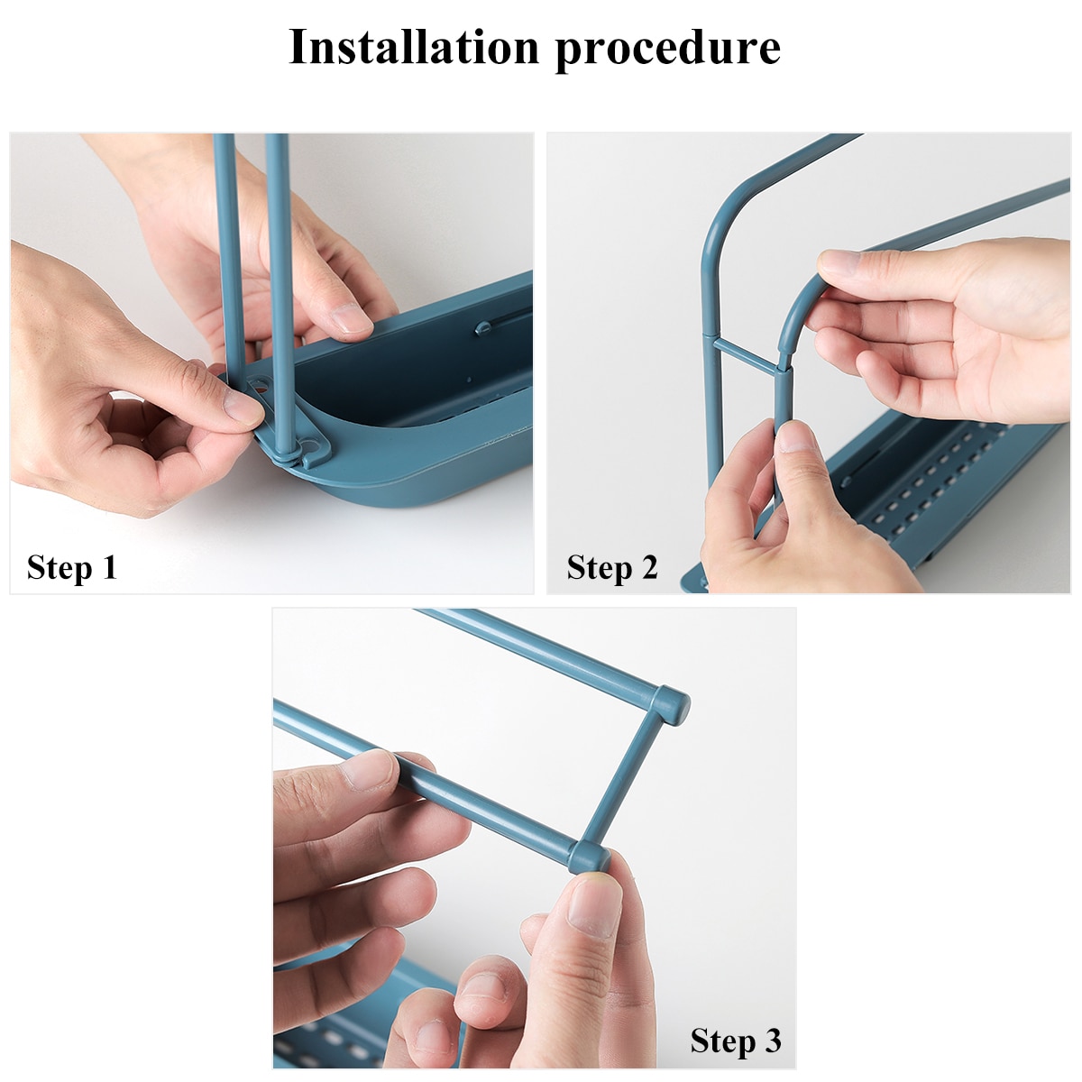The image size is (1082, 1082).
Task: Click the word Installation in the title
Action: tap(414, 47)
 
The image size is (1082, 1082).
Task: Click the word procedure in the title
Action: tap(667, 49)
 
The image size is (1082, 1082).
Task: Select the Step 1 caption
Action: tap(72, 568)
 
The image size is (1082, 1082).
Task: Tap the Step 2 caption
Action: tap(612, 568)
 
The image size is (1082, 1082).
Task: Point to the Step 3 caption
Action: tap(736, 1041)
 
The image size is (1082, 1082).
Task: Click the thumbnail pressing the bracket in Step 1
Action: tap(242, 408)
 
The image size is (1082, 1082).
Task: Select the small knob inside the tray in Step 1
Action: tap(482, 326)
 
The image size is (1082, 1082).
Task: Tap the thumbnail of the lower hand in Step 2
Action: tap(794, 437)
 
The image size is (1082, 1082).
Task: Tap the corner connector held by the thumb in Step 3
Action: tap(588, 857)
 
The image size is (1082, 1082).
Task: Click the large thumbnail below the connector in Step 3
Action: tap(594, 907)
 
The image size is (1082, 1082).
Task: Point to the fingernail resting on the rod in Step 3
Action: tap(370, 770)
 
